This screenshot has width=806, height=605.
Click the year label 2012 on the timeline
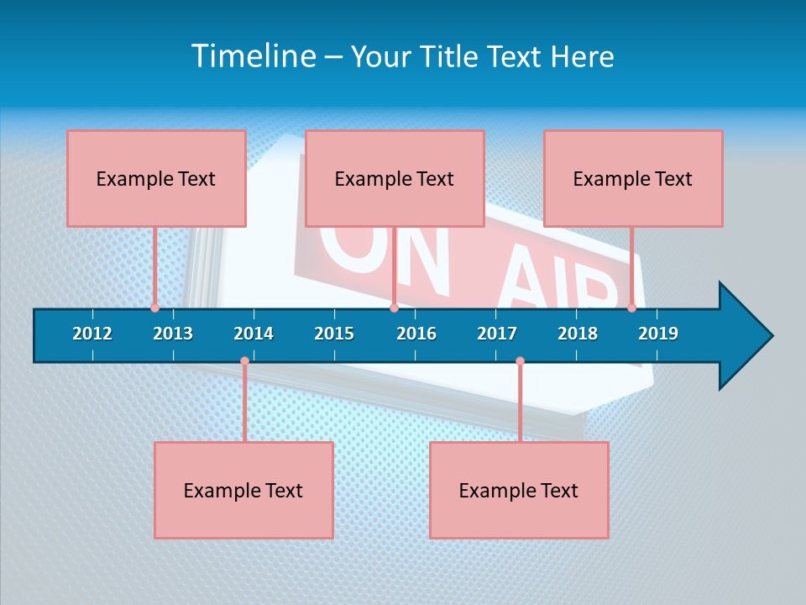coord(92,334)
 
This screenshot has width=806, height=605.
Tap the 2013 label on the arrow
coord(173,334)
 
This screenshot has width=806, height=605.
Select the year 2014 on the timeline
coord(254,334)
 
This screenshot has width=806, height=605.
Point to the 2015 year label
coord(334,334)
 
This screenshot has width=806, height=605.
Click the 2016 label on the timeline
coord(416,334)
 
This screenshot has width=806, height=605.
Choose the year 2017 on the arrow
coord(497,334)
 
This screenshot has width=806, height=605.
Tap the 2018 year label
coord(578,334)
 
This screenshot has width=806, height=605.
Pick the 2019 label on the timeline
coord(658,334)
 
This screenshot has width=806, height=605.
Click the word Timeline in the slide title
coord(254,56)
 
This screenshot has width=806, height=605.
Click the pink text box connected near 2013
coord(156,178)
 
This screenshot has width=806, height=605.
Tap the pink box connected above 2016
coord(395,178)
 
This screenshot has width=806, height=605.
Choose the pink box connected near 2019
coord(633,178)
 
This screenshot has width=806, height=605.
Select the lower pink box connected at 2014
coord(243,490)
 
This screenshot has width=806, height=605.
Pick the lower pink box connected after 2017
coord(519,490)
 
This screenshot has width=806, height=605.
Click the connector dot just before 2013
coord(154,308)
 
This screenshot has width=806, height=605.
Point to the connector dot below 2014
coord(244,361)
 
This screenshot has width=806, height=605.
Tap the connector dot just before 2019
coord(631,308)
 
